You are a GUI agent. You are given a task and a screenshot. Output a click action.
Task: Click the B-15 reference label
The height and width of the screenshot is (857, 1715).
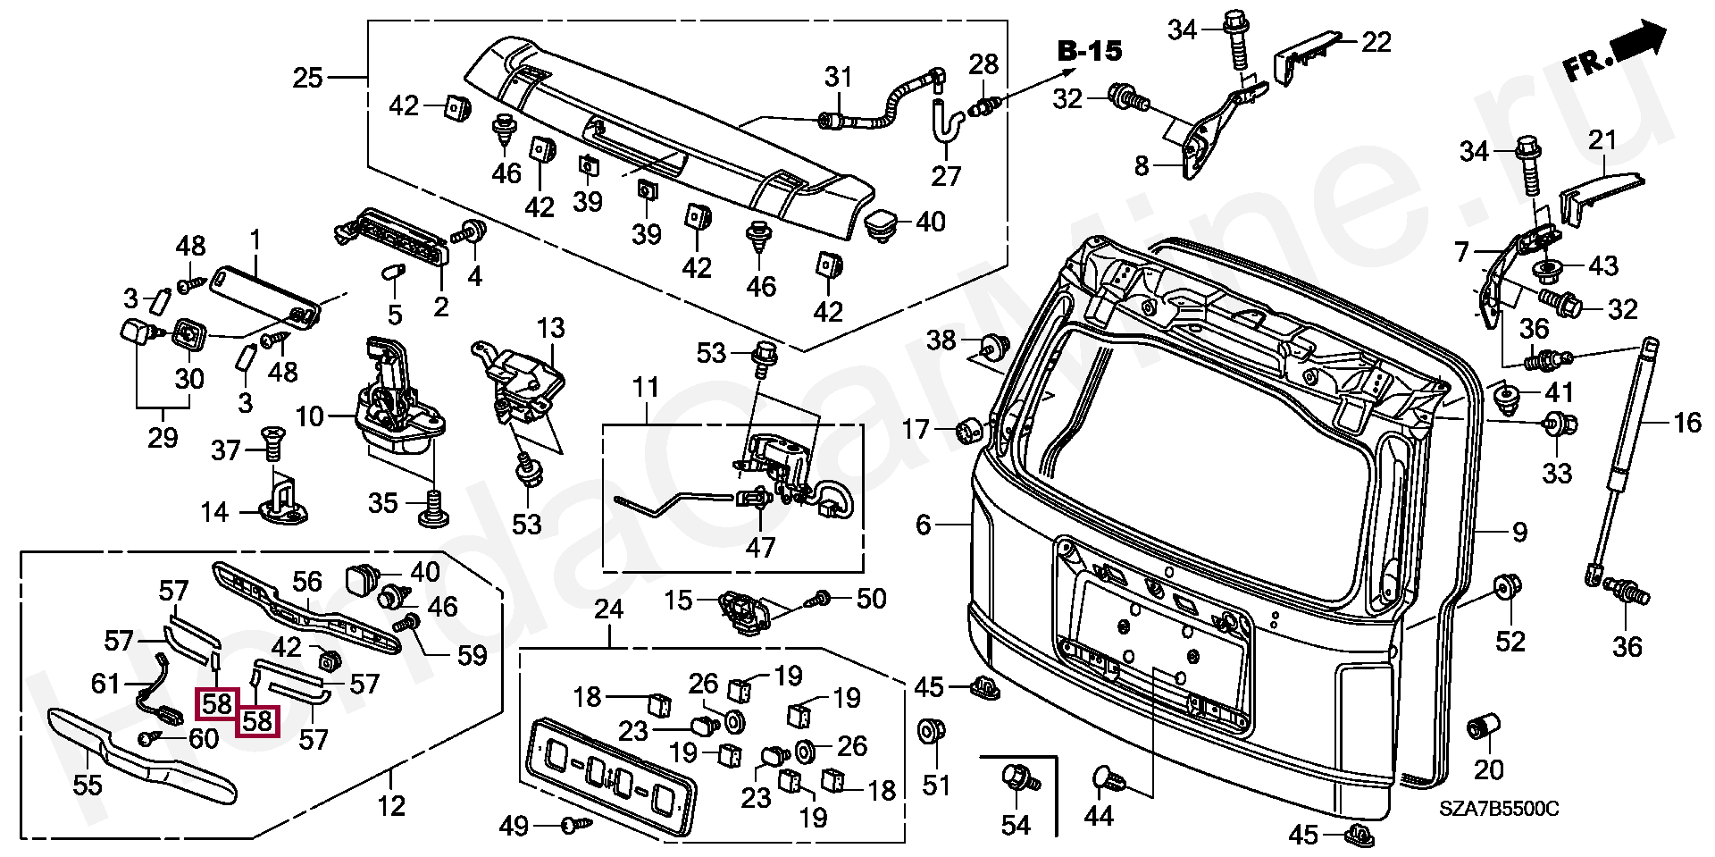pyautogui.click(x=1089, y=51)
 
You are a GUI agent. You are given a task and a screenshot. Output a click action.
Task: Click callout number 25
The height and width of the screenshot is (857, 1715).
pyautogui.click(x=307, y=78)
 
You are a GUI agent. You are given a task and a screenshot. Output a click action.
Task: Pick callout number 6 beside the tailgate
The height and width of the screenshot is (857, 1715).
pyautogui.click(x=924, y=525)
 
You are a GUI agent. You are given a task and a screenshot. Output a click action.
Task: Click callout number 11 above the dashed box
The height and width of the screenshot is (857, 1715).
pyautogui.click(x=646, y=388)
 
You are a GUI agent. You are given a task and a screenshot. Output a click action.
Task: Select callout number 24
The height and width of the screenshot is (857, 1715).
pyautogui.click(x=609, y=609)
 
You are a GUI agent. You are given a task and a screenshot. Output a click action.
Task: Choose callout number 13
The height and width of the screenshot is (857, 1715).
pyautogui.click(x=551, y=328)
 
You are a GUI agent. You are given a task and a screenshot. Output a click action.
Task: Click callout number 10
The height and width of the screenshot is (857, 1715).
pyautogui.click(x=310, y=416)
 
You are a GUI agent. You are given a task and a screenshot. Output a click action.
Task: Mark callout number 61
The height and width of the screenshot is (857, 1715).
pyautogui.click(x=105, y=684)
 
